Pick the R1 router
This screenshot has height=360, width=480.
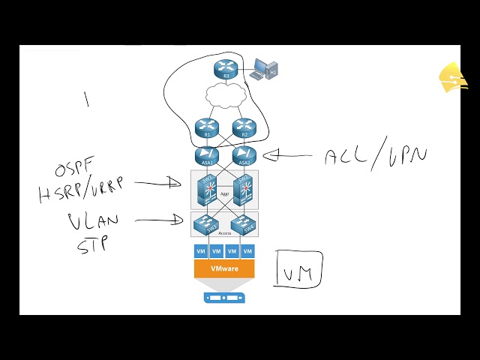[x=207, y=127]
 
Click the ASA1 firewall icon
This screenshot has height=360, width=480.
[x=207, y=155]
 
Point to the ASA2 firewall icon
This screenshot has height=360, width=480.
[x=244, y=155]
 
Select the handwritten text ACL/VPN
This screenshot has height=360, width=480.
[x=375, y=155]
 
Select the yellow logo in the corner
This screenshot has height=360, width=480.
[x=453, y=77]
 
